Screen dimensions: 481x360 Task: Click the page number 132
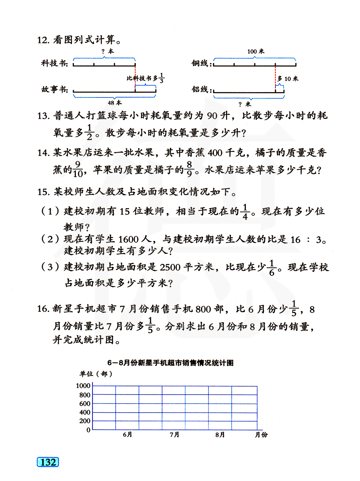point(48,462)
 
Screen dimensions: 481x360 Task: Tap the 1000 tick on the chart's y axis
point(83,386)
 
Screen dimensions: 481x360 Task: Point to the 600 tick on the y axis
point(85,404)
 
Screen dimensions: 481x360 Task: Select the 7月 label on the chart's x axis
point(175,435)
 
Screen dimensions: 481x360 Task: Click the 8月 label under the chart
point(220,435)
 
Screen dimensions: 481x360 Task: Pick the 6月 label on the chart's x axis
point(127,435)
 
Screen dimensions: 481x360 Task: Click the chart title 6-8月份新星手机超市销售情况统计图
point(170,363)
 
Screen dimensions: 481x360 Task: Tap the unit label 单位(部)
point(96,374)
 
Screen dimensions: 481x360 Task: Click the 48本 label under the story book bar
point(115,103)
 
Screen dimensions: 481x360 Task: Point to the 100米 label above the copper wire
point(256,51)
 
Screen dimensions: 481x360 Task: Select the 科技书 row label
point(54,63)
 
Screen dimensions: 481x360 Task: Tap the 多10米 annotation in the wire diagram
point(288,78)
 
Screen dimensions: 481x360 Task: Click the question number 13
point(43,116)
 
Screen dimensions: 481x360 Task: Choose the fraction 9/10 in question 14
point(78,169)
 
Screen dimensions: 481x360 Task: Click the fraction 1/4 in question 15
point(245,212)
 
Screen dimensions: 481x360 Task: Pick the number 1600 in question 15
point(129,239)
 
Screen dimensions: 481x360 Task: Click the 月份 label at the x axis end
point(261,435)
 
